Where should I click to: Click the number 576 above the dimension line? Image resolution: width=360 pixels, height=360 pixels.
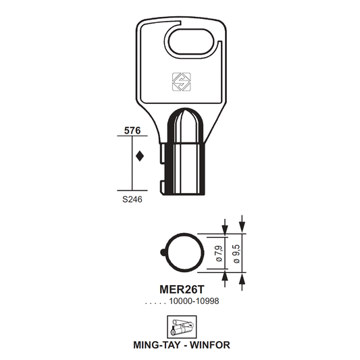132,130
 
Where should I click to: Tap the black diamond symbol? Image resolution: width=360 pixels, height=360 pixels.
140,156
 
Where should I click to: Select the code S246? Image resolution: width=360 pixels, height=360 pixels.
132,199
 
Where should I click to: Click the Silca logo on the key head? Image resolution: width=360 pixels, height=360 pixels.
182,82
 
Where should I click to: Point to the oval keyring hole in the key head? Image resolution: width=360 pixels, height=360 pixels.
191,41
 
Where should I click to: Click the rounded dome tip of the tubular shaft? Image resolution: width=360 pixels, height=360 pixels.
185,115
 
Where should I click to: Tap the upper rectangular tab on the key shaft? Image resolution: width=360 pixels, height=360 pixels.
162,153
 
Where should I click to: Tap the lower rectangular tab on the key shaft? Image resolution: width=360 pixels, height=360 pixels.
162,187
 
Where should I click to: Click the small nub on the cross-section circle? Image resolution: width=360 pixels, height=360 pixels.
163,253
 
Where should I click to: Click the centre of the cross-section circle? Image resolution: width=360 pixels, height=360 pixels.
184,253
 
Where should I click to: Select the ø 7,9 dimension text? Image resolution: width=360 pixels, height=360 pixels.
219,253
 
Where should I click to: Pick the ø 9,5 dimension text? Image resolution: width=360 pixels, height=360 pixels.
236,254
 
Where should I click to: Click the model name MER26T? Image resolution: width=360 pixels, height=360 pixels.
182,290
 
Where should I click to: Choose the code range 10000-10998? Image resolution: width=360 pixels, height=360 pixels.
194,301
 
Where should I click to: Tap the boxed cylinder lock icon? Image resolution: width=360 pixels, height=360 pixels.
182,327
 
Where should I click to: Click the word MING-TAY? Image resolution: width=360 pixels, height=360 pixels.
157,345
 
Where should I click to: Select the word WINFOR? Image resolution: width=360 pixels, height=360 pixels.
210,345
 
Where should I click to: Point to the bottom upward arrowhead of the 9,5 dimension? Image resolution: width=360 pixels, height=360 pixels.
242,278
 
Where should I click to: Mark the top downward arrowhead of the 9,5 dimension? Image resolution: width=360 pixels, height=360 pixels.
242,228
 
